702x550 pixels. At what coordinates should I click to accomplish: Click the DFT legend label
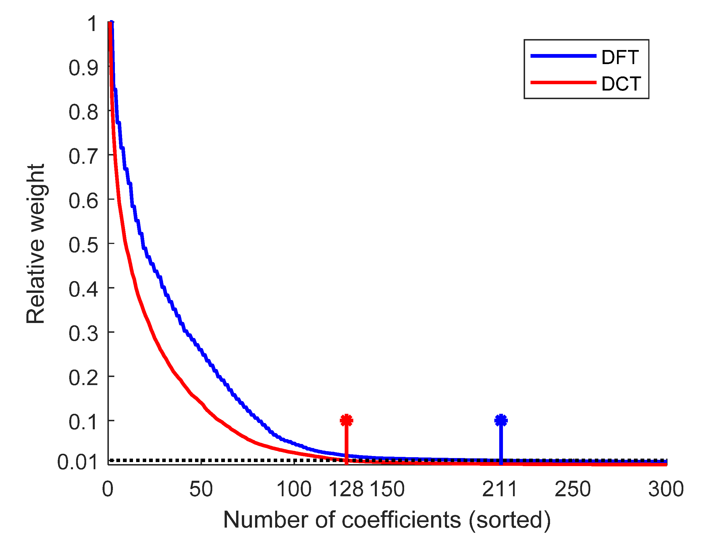tap(620, 58)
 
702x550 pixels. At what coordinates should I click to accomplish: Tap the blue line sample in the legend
tap(563, 56)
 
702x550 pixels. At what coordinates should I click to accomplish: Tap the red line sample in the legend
tap(563, 82)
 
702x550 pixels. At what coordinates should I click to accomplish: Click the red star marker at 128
tap(346, 420)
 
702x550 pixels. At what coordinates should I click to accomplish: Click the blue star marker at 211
tap(501, 420)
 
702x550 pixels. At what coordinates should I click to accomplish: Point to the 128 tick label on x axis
tap(346, 489)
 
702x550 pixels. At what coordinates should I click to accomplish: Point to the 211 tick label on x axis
tap(500, 489)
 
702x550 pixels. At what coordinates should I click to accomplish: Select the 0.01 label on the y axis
tap(77, 462)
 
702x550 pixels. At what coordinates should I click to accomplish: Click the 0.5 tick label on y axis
tap(83, 245)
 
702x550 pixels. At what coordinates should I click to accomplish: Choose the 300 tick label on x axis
tap(666, 489)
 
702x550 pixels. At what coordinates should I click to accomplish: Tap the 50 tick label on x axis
tap(201, 489)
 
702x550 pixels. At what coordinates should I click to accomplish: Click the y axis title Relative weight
tap(35, 244)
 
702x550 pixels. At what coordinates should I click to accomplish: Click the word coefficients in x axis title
tap(401, 520)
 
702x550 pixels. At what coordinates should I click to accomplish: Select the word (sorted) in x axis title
tap(509, 520)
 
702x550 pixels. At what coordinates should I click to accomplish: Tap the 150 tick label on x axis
tap(387, 489)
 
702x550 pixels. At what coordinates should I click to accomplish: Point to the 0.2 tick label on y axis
tap(83, 378)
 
